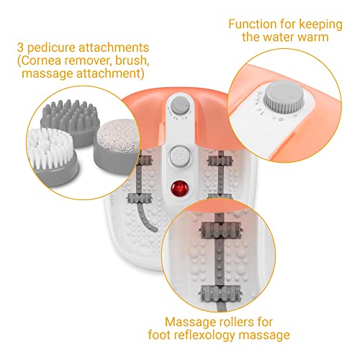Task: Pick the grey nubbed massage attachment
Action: click(70, 120)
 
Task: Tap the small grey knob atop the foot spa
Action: click(179, 105)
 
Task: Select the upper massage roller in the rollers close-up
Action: click(220, 230)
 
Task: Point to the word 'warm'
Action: click(313, 37)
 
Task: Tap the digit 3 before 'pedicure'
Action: click(20, 48)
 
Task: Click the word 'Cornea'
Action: click(40, 60)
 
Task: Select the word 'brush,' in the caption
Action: click(132, 60)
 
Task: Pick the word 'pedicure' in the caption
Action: click(51, 48)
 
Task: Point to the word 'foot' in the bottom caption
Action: click(159, 335)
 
